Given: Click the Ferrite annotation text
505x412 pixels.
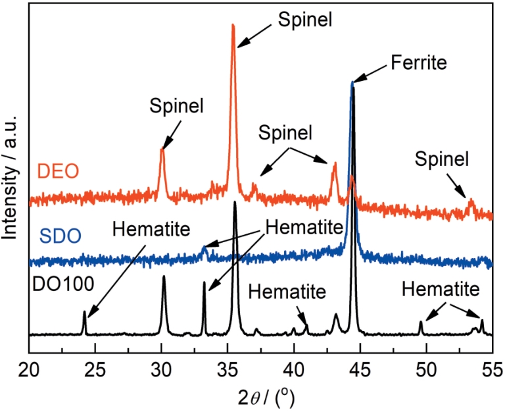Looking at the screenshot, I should pyautogui.click(x=418, y=63).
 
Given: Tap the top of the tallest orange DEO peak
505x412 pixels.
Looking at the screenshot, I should pyautogui.click(x=233, y=26).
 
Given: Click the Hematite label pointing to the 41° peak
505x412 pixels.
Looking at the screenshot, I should pyautogui.click(x=286, y=290).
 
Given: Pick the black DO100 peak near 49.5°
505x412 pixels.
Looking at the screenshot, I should pyautogui.click(x=421, y=322).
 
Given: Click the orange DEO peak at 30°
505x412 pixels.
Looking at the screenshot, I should pyautogui.click(x=162, y=150).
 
